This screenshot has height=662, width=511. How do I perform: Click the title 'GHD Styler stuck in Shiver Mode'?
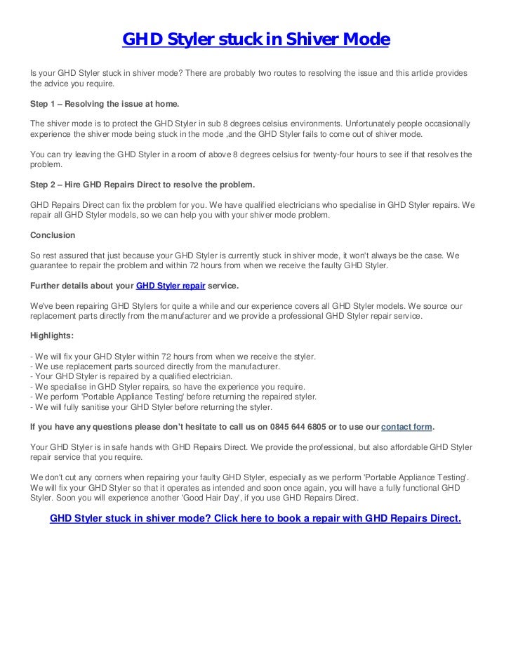(x=255, y=41)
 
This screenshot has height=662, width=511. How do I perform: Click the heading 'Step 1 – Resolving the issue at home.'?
(x=104, y=103)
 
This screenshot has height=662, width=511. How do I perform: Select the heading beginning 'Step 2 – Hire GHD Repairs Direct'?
(x=142, y=185)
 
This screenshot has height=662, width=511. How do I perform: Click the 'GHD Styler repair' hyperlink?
(x=170, y=286)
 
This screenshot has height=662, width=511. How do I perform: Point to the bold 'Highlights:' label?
(x=57, y=336)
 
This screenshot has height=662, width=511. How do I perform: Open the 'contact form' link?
(x=406, y=427)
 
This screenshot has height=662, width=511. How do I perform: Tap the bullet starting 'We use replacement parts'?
(x=156, y=366)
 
